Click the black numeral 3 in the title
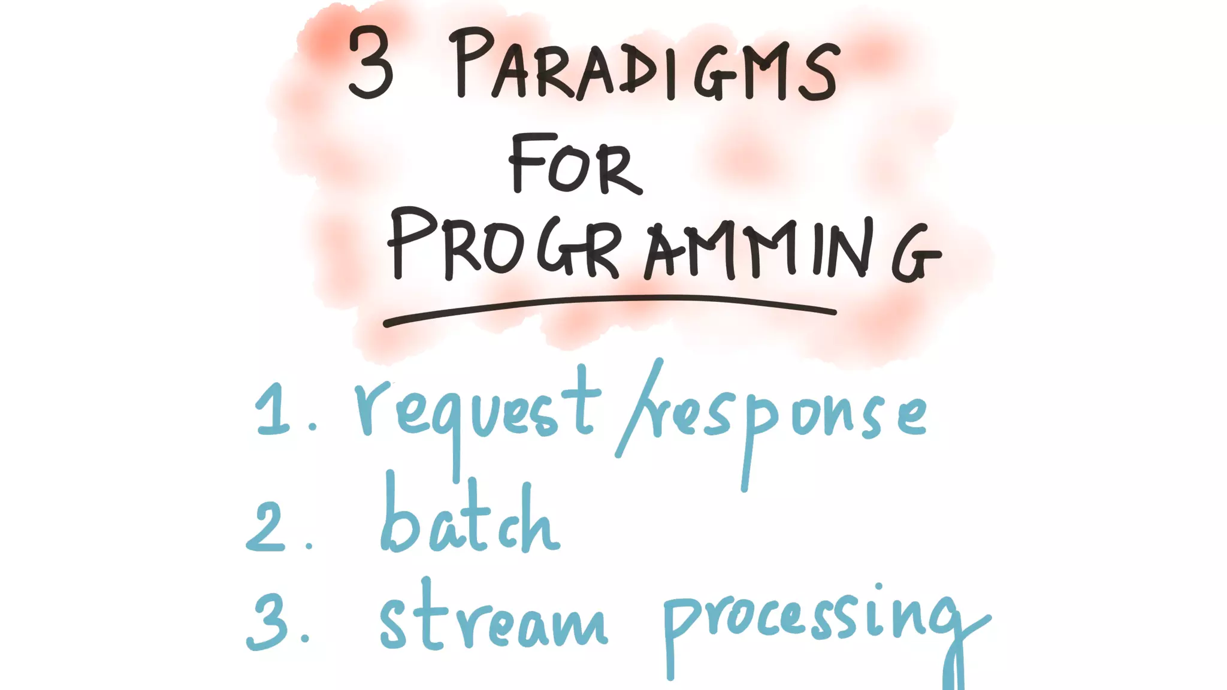click(x=371, y=63)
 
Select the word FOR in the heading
click(x=575, y=165)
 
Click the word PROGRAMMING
click(x=662, y=249)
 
